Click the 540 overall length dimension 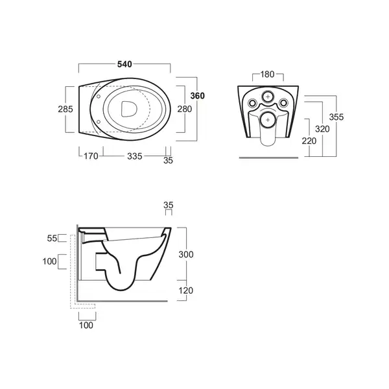124,64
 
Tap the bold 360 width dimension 198,96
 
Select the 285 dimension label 65,109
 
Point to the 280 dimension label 185,109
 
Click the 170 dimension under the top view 91,156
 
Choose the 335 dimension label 135,156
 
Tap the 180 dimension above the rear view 267,74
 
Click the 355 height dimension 336,117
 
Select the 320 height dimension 322,129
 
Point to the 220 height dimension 309,141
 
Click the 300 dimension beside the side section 186,254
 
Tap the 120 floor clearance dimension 186,290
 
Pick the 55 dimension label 52,239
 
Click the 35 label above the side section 169,205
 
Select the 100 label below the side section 86,325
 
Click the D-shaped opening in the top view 129,109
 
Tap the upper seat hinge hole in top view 99,96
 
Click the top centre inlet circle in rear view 268,96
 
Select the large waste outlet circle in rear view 268,120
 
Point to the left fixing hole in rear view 252,102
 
